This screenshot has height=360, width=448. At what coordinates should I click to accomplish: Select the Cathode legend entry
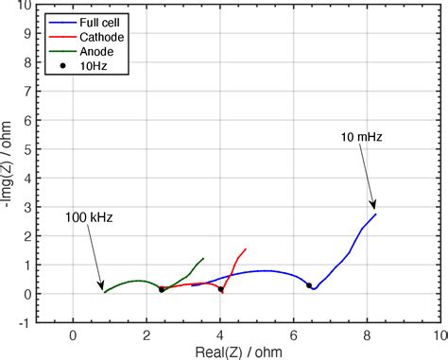(x=99, y=37)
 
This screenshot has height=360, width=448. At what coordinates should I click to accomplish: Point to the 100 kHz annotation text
(x=86, y=217)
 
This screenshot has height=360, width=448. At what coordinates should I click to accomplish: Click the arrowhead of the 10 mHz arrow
(x=375, y=208)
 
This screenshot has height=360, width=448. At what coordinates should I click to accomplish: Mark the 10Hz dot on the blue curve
(x=309, y=285)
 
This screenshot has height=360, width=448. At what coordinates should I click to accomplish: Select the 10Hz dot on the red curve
(x=221, y=289)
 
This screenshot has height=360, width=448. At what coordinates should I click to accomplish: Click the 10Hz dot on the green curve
(x=162, y=290)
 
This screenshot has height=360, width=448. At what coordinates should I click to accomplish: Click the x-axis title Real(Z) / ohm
(x=254, y=351)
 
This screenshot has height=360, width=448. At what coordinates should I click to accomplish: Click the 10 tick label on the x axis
(x=438, y=334)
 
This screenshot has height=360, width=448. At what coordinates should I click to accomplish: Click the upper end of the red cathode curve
(x=246, y=249)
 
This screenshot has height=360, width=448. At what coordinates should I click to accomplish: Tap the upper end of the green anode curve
(x=203, y=258)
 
